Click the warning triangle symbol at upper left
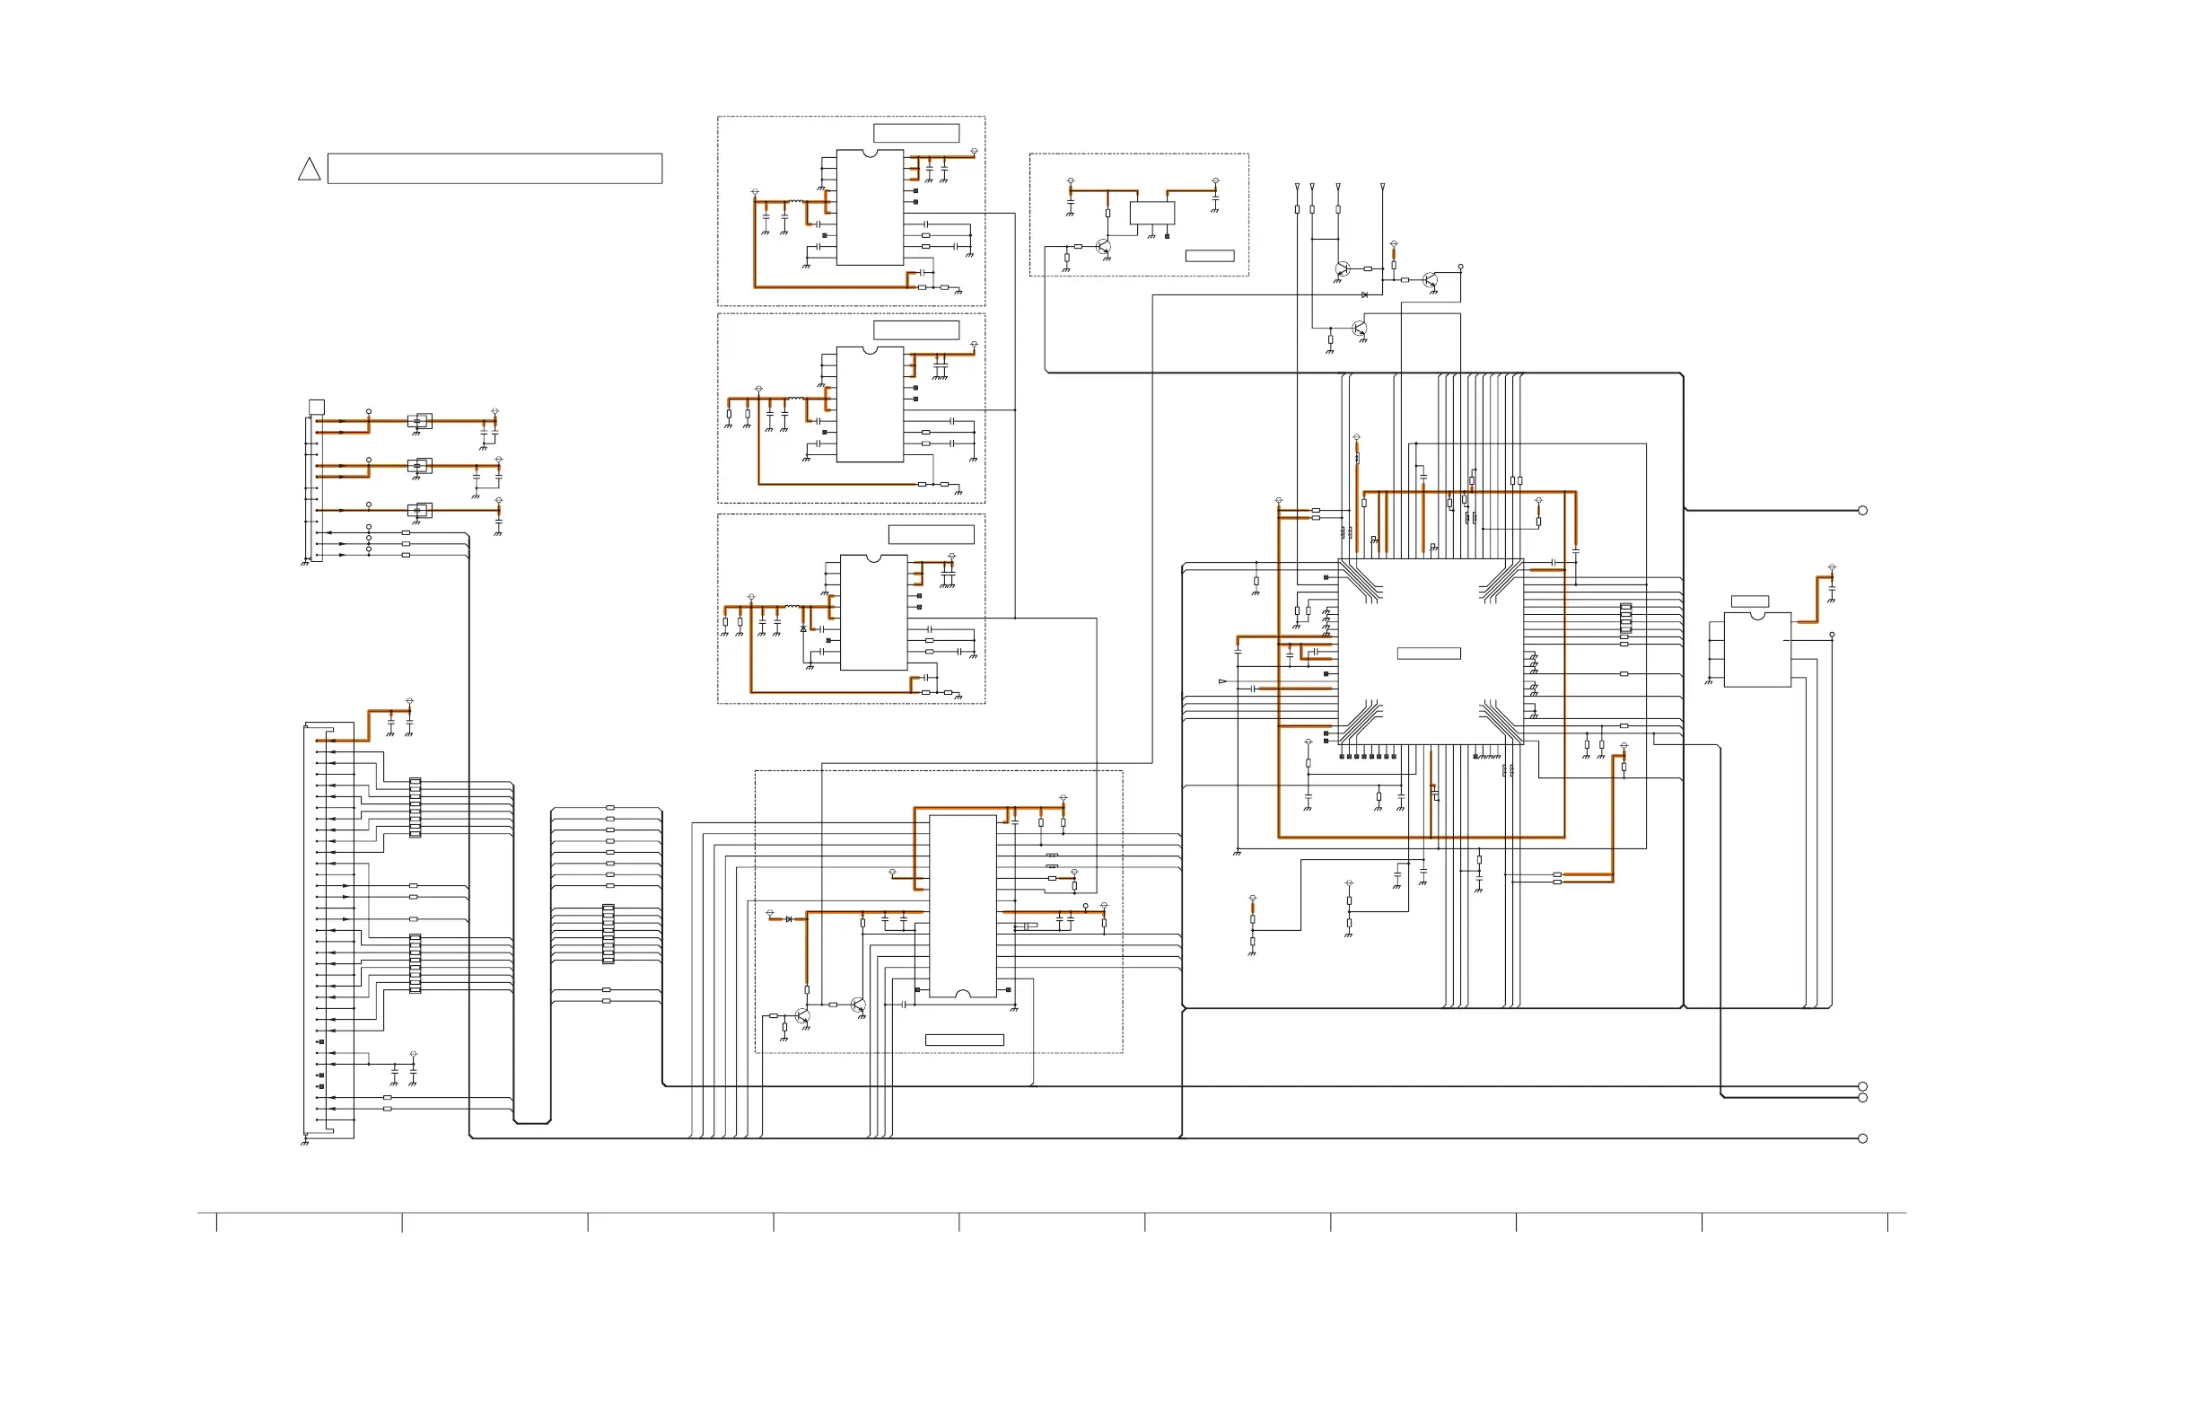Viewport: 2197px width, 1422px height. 310,170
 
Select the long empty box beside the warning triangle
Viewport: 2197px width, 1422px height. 495,169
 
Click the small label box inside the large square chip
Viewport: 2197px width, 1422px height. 1428,654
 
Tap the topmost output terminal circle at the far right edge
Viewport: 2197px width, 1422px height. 1862,511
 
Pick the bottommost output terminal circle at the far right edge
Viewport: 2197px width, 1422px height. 1862,1138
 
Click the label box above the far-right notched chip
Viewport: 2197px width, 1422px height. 1749,601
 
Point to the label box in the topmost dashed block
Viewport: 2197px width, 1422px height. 915,133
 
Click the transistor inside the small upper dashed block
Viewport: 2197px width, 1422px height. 1103,248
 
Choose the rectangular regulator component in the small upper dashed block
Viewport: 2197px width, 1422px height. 1152,214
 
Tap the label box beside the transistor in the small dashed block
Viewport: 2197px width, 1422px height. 1209,256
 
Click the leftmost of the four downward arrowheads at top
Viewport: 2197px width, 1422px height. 1297,188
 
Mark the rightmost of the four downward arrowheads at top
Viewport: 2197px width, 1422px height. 1382,188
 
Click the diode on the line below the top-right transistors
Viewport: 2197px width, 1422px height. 1364,295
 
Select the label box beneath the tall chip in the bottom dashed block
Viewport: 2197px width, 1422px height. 964,1040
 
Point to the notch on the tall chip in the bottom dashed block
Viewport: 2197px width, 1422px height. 962,995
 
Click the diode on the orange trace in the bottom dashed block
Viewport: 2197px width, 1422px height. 788,919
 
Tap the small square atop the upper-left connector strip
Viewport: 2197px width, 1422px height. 317,408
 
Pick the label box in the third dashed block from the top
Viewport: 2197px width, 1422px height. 931,535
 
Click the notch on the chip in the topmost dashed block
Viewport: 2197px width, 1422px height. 870,154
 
